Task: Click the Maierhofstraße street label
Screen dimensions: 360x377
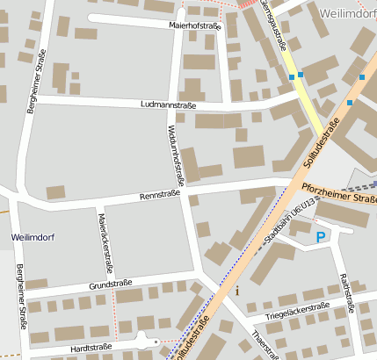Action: click(x=195, y=26)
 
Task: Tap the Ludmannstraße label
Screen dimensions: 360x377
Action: click(x=168, y=104)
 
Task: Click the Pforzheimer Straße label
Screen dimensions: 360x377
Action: click(x=337, y=193)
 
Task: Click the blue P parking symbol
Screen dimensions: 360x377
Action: click(x=321, y=237)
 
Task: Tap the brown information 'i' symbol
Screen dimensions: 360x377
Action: click(x=236, y=291)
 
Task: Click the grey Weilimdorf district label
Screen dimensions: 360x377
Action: click(x=348, y=15)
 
